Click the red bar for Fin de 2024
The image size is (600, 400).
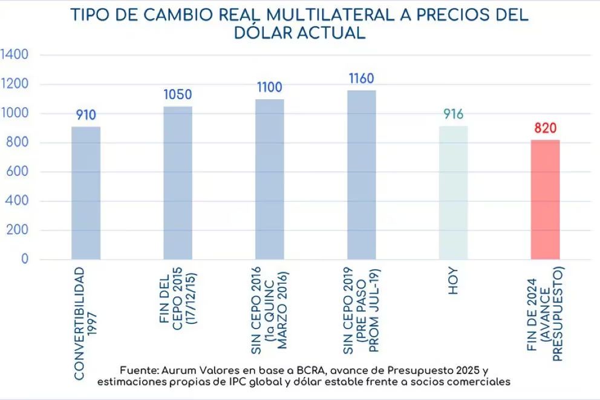545,200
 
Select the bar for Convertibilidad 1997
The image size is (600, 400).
86,193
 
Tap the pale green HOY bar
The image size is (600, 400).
453,193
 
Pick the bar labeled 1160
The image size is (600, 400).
361,175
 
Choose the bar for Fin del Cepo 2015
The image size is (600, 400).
178,183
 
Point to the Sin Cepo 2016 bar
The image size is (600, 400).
269,179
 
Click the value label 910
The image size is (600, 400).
86,115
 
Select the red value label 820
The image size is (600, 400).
545,128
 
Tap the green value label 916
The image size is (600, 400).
453,114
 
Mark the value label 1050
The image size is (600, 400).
178,95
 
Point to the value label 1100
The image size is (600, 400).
269,88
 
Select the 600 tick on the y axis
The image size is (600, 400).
18,172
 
